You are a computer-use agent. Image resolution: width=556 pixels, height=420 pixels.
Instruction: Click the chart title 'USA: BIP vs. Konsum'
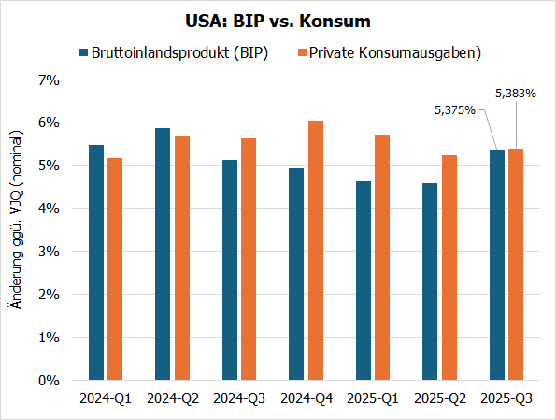pos(278,21)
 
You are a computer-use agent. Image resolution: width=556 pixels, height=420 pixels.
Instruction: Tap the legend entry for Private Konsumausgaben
pos(388,52)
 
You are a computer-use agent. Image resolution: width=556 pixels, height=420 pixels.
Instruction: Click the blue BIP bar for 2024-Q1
pos(95,263)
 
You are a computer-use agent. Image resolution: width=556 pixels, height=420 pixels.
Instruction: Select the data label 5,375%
pos(455,110)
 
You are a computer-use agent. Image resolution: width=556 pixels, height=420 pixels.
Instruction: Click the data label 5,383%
pos(514,94)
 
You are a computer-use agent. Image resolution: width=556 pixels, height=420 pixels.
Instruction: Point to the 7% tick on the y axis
pos(49,80)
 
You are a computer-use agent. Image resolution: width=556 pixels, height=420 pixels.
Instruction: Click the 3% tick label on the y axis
pos(49,252)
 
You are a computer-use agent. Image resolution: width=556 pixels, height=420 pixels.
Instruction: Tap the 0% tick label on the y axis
pos(49,381)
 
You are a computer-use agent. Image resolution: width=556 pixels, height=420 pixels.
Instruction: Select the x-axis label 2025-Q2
pos(439,398)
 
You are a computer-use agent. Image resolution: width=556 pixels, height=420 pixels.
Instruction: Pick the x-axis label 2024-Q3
pos(238,398)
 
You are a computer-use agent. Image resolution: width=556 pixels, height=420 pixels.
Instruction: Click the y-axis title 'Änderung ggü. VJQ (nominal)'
pos(14,229)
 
